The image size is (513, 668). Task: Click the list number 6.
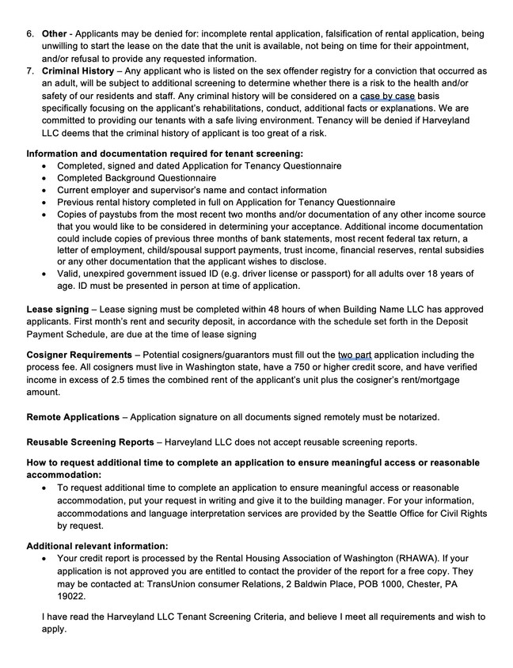30,35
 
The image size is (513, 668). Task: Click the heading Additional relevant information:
97,545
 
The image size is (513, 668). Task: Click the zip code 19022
72,595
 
